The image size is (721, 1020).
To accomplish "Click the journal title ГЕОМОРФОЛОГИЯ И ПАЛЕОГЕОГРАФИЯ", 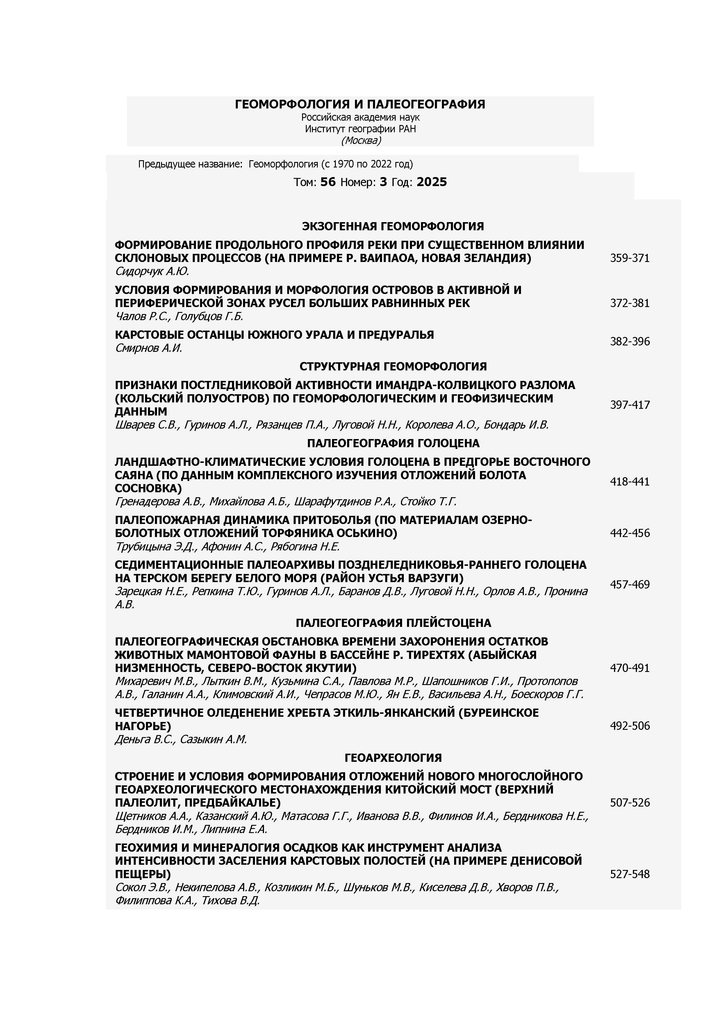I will click(360, 104).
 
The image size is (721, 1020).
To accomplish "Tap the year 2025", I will click(431, 182).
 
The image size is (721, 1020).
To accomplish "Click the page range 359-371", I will click(629, 258).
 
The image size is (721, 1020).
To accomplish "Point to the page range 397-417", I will click(629, 405).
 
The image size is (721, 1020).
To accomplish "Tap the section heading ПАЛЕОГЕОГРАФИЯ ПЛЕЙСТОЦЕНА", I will click(393, 623).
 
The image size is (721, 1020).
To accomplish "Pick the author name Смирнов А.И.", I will click(148, 348).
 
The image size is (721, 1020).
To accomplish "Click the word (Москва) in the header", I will click(361, 140).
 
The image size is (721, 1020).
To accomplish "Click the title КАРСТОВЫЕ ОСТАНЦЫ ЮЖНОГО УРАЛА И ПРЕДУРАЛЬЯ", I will click(274, 334).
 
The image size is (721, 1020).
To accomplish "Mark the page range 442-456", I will click(629, 533).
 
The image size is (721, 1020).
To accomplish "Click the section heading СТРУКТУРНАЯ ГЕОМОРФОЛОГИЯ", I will click(393, 366).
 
